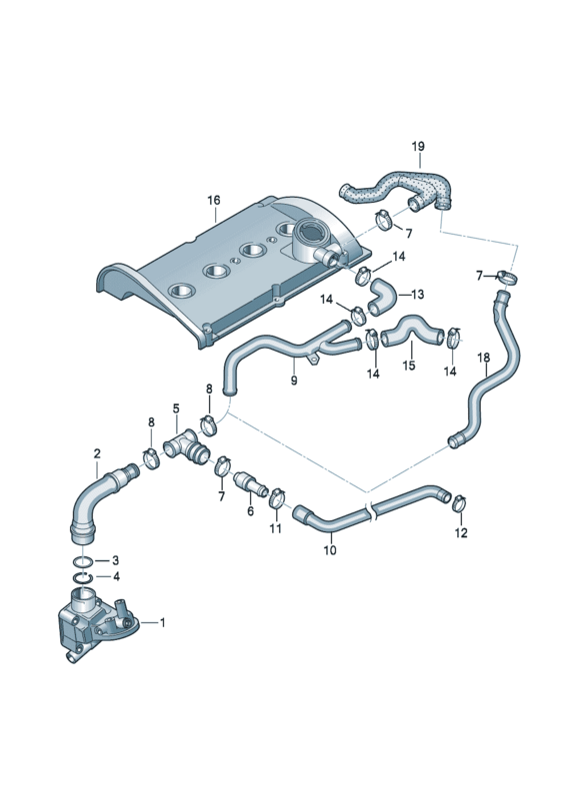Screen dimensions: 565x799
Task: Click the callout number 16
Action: pos(214,201)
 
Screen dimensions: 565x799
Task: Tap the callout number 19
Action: pos(418,146)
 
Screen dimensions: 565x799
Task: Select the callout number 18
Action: pos(483,358)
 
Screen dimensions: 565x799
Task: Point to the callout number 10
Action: pos(330,550)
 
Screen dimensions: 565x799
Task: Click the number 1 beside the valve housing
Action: pos(163,622)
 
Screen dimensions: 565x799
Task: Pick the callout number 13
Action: pos(417,295)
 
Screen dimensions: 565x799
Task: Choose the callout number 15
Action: pos(409,366)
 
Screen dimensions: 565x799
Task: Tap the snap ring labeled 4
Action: pos(84,578)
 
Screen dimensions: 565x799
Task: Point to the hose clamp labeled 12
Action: pos(459,503)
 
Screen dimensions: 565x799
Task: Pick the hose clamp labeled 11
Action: pos(277,497)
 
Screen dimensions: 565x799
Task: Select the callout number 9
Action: pos(293,381)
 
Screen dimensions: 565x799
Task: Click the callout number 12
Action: pos(460,533)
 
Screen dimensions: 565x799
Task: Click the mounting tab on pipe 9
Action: pos(313,360)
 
